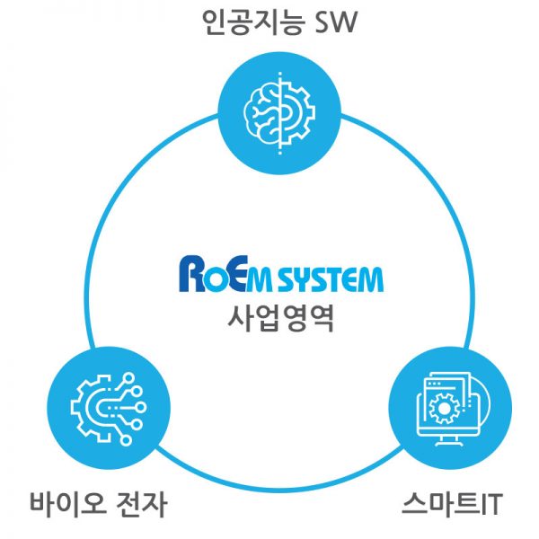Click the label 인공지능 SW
[279, 22]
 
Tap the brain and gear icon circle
[278, 109]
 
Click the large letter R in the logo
[192, 274]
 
